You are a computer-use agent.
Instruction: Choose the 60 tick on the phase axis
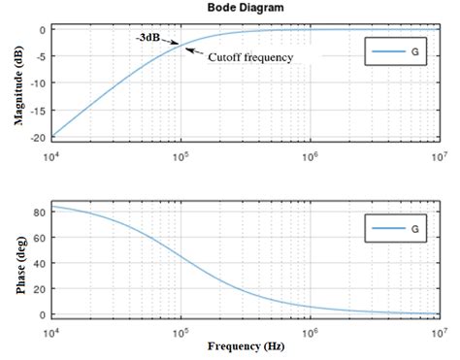[x=40, y=235]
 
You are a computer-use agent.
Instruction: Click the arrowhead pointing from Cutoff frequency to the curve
[x=187, y=49]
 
